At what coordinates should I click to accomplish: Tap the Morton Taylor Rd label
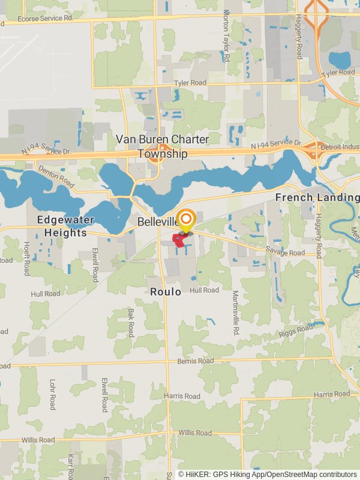tap(226, 36)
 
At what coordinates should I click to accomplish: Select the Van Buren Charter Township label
tap(162, 146)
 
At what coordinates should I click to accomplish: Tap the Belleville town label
tap(158, 221)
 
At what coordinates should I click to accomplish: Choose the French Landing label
tap(317, 197)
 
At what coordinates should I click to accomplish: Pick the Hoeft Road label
tap(26, 259)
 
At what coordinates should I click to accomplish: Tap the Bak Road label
tap(130, 323)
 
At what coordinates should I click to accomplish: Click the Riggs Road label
tap(296, 330)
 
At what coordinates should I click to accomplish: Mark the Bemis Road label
tap(195, 361)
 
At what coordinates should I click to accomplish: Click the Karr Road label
tap(70, 465)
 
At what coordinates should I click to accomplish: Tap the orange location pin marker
tap(187, 220)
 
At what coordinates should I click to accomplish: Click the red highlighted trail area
tap(179, 240)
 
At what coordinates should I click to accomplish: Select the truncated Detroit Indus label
tap(340, 148)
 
